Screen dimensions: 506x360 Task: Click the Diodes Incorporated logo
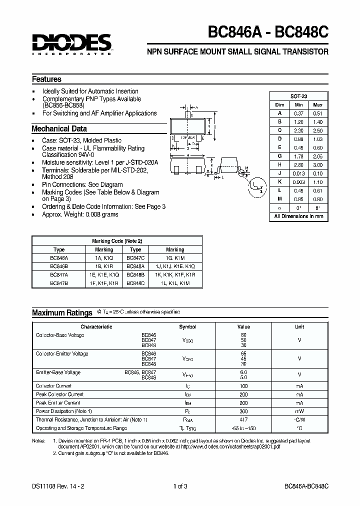71,44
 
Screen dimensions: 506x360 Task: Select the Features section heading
46,79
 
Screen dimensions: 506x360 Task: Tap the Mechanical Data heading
59,128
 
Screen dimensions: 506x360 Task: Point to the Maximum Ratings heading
62,313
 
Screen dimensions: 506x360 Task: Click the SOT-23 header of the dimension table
299,96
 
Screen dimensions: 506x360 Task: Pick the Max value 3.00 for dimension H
317,165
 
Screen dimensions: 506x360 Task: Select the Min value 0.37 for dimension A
299,113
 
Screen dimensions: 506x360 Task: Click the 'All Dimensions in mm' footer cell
299,216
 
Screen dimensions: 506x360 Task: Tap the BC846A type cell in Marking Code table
58,258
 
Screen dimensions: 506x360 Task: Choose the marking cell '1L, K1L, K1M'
175,283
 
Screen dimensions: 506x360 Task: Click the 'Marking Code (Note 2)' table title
117,241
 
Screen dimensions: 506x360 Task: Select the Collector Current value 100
243,386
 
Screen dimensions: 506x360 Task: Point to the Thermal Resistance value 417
243,419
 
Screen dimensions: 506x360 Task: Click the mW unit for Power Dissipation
299,411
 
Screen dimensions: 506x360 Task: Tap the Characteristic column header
96,327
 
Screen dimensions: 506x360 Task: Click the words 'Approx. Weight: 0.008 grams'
80,214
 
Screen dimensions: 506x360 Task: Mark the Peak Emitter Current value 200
243,403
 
